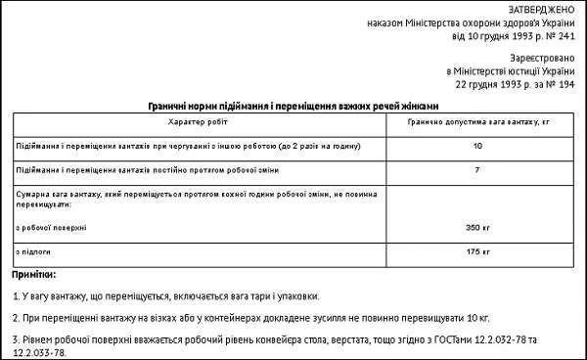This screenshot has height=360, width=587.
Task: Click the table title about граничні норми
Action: [293, 106]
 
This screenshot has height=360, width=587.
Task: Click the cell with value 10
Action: [476, 146]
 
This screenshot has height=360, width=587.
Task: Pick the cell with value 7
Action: [476, 171]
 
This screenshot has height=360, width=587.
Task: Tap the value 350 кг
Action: [476, 227]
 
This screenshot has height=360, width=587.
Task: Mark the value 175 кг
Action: [476, 252]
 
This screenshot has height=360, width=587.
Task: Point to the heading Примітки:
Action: [35, 274]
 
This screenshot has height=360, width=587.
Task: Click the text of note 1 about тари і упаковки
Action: [166, 294]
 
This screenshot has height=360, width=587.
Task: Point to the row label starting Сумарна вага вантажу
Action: [147, 196]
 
